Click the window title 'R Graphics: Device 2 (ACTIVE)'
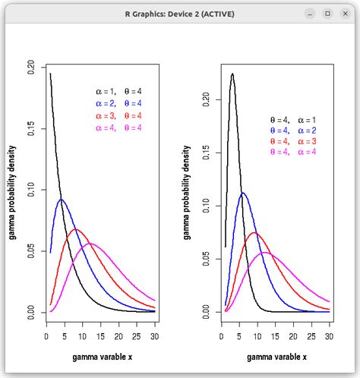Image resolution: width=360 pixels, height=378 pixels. pos(180,13)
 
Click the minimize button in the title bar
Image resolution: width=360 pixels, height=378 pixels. pos(310,13)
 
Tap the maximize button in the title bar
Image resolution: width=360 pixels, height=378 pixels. pos(327,13)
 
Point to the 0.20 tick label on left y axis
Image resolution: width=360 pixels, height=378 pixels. pos(30,67)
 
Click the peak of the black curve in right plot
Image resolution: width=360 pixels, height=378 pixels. pos(232,74)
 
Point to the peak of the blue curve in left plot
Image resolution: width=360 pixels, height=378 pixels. pos(61,200)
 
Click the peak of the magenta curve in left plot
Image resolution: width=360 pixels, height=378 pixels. pos(90,244)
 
